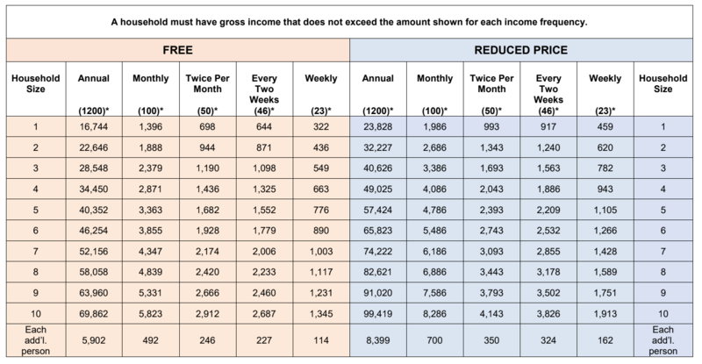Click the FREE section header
coord(178,50)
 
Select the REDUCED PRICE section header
coord(520,50)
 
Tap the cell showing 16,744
coord(94,126)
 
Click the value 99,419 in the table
coord(378,314)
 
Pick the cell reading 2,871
coord(150,189)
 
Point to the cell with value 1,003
coord(321,251)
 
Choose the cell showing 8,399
coord(378,340)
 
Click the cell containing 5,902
coord(94,340)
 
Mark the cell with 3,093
coord(491,251)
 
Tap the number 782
coord(605,168)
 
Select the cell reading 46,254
coord(94,231)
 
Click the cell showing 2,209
coord(548,210)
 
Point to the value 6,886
coord(434,272)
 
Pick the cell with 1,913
coord(605,314)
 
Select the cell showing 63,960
coord(94,293)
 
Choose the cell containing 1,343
coord(491,147)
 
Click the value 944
coord(207,147)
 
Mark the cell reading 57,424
coord(378,210)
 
